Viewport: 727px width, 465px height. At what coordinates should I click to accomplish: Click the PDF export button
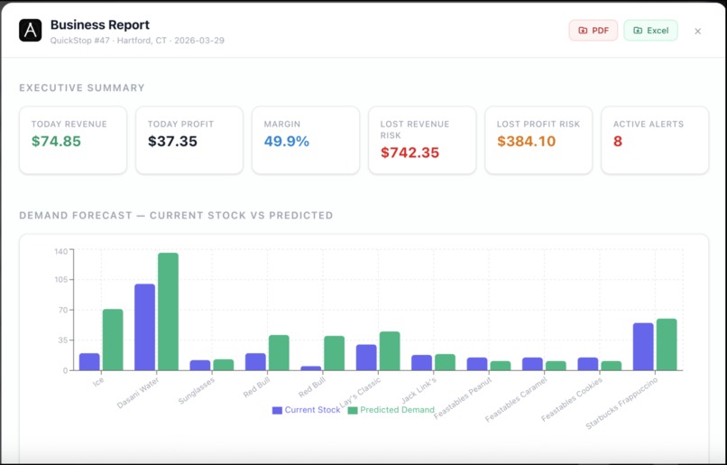click(x=593, y=31)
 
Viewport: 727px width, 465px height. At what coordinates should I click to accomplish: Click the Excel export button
click(x=650, y=31)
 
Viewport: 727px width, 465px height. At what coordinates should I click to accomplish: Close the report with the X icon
click(x=697, y=32)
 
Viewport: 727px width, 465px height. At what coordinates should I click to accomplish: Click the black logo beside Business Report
click(x=31, y=31)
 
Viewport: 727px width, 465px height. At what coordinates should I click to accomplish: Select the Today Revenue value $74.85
click(x=56, y=142)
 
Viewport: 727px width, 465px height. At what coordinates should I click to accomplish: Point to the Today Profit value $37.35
click(x=172, y=142)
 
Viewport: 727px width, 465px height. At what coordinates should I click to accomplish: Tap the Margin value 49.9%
click(x=287, y=142)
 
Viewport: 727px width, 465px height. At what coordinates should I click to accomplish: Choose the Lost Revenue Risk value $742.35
click(x=410, y=153)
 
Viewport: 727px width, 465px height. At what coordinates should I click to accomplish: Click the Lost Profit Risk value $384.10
click(x=526, y=142)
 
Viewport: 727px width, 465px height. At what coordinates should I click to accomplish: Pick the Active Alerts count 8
click(x=618, y=142)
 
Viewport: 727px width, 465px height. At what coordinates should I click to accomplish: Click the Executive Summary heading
click(x=82, y=88)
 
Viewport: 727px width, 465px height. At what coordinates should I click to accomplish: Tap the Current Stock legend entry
click(x=307, y=410)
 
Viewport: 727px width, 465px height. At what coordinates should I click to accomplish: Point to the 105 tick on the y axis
click(x=60, y=280)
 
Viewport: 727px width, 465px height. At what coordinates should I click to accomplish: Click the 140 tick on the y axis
click(x=60, y=251)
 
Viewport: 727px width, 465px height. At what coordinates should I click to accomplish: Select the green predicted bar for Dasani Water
click(x=168, y=312)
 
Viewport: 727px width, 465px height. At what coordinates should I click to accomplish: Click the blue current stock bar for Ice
click(x=89, y=361)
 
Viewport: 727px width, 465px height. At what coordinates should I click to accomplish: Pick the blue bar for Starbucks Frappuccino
click(x=643, y=347)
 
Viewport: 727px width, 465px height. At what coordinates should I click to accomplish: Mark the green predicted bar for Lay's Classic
click(x=390, y=350)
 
